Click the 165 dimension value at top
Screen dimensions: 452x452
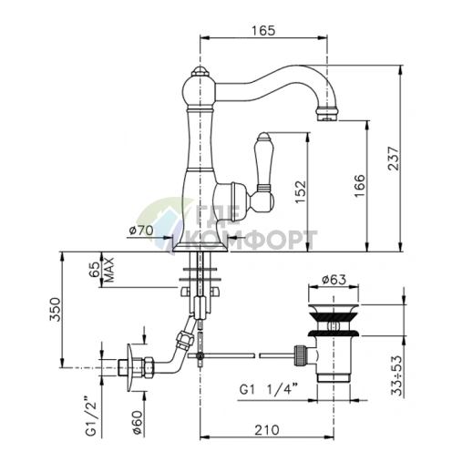click(263, 30)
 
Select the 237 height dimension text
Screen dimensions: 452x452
click(393, 159)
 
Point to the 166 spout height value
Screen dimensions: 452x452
click(360, 186)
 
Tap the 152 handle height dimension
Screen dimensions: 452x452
click(301, 192)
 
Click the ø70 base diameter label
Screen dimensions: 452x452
click(141, 231)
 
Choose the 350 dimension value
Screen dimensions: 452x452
click(56, 309)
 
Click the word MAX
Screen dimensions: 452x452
click(108, 270)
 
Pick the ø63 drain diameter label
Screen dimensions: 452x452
click(334, 280)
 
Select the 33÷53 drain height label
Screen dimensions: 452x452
click(396, 375)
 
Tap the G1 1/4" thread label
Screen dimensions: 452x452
click(268, 389)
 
